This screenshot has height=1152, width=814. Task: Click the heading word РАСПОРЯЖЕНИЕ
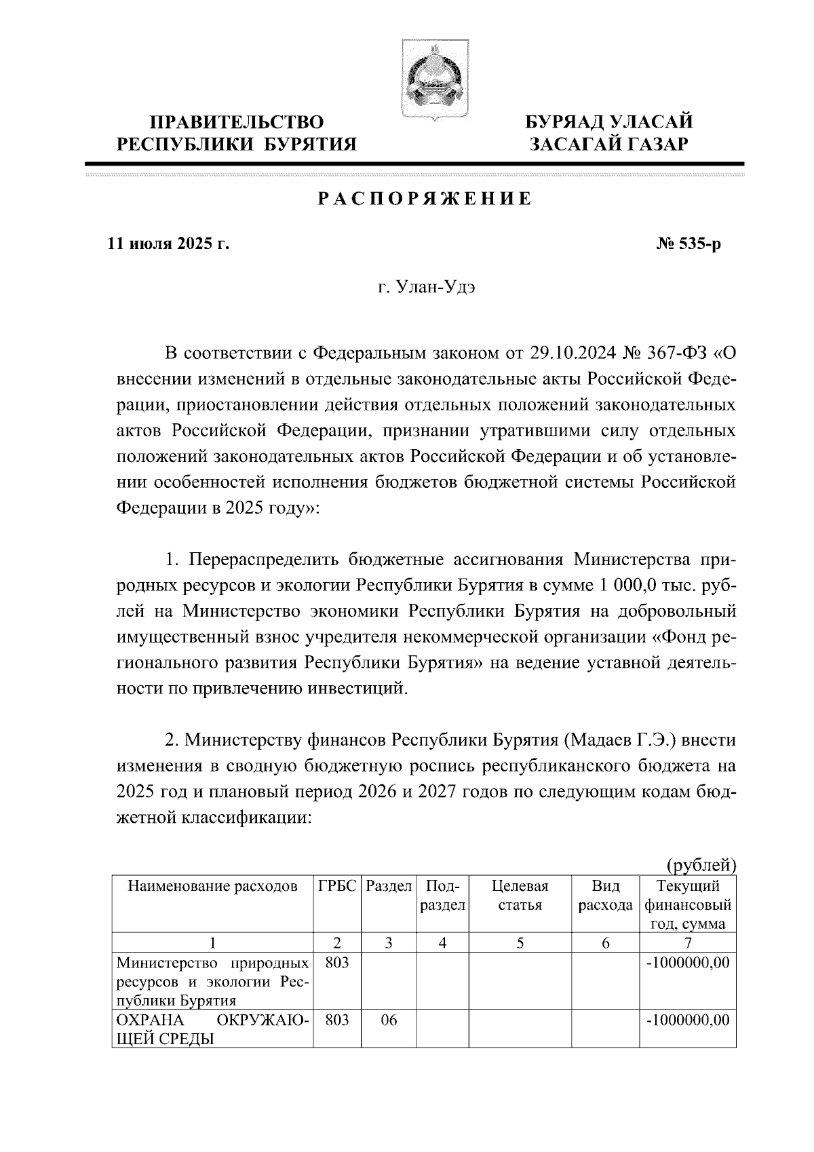click(426, 199)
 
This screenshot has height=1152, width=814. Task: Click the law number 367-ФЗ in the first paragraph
click(662, 353)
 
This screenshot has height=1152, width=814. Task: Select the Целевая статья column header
click(520, 896)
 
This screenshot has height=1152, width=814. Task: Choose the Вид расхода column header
click(606, 896)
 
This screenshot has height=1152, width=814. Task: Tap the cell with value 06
click(389, 1021)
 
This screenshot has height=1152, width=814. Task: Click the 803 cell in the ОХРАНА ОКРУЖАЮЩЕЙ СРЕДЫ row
click(337, 1021)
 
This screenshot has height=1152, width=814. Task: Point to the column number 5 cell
click(520, 943)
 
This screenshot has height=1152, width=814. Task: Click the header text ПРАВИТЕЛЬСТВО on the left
click(237, 122)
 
